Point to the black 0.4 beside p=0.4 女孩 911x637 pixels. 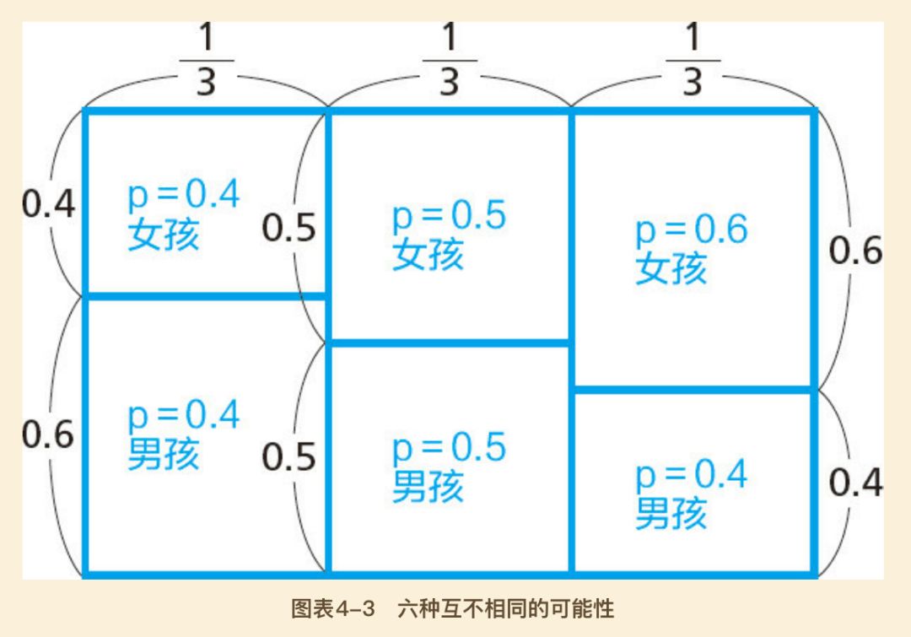click(49, 205)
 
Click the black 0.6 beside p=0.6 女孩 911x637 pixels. click(856, 251)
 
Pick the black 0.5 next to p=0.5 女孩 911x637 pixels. click(288, 228)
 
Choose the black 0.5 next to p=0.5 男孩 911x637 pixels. click(288, 456)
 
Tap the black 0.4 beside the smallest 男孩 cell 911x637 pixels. click(856, 483)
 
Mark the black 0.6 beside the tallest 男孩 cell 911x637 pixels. click(49, 435)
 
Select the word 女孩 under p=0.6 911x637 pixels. click(671, 269)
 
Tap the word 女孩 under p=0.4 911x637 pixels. click(164, 235)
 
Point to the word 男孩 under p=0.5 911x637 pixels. click(428, 487)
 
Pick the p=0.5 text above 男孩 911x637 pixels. click(450, 448)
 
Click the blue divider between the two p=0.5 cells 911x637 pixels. click(450, 343)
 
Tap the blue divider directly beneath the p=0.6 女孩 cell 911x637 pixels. click(693, 389)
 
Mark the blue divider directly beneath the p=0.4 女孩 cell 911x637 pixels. click(206, 295)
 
